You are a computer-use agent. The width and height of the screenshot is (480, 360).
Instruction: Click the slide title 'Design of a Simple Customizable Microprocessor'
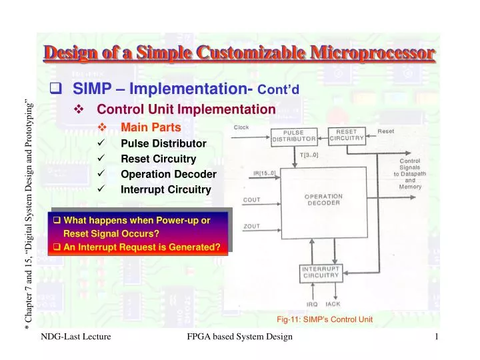[x=240, y=53]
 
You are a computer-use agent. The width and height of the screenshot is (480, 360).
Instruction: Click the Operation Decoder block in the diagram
[x=323, y=200]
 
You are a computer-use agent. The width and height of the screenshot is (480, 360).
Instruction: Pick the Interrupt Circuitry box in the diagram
[x=323, y=272]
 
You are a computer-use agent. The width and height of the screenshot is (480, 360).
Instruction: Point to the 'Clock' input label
[x=242, y=127]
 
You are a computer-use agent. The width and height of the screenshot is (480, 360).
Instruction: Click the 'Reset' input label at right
[x=386, y=131]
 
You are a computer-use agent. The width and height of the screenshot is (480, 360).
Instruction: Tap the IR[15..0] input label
[x=264, y=173]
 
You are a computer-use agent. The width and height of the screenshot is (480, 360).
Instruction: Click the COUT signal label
[x=252, y=199]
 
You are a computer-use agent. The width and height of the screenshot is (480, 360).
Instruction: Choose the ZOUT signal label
[x=252, y=226]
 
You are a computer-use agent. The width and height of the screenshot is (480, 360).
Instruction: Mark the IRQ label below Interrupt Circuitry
[x=311, y=303]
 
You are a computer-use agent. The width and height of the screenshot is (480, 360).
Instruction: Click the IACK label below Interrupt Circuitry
[x=333, y=303]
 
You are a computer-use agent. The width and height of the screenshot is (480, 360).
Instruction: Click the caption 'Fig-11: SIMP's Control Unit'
[x=325, y=319]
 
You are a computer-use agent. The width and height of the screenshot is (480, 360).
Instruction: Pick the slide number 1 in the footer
[x=436, y=338]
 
